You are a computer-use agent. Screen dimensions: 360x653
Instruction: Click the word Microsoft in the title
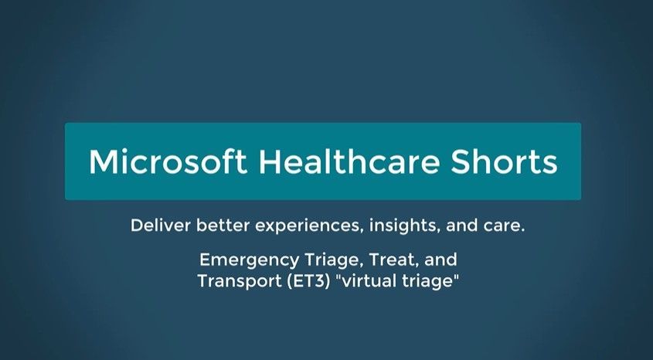point(168,161)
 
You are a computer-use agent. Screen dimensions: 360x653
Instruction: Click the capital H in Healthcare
point(272,161)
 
